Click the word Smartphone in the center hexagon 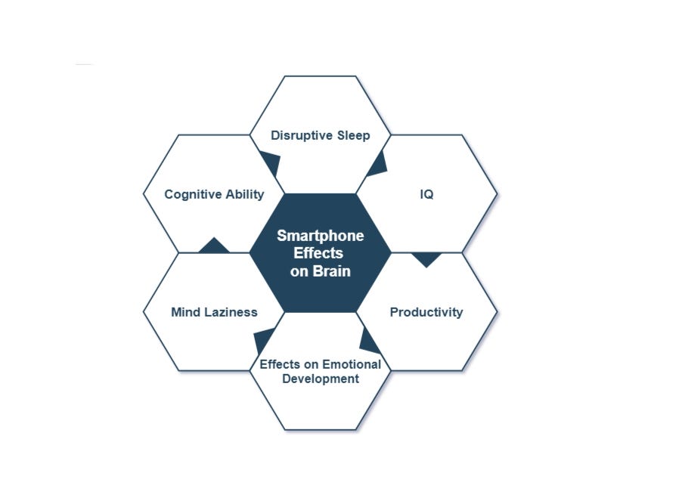[320, 236]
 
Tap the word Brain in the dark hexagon [331, 271]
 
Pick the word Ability [245, 194]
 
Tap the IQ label [426, 194]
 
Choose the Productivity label [426, 312]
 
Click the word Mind [185, 312]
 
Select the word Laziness [230, 312]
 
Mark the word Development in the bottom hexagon [321, 379]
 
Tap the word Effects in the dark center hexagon [318, 253]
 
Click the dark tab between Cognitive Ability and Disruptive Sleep [271, 162]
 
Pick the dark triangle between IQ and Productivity [426, 259]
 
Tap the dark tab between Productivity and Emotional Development [369, 342]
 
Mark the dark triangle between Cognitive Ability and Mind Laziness [214, 246]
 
